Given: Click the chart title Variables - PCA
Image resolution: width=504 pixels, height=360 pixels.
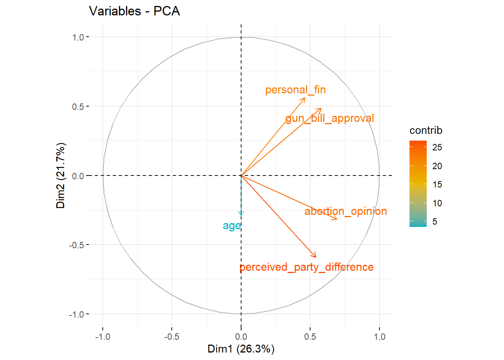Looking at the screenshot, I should click(x=134, y=11).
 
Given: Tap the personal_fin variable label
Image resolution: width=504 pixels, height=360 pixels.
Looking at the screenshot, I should click(x=295, y=90).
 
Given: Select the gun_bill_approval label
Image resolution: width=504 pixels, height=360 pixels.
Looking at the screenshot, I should click(x=330, y=118).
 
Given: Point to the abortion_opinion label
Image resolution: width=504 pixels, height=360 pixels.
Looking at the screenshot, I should click(x=345, y=211).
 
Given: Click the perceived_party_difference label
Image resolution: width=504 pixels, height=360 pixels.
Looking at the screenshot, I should click(x=306, y=267).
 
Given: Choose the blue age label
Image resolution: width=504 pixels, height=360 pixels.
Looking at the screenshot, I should click(x=231, y=226).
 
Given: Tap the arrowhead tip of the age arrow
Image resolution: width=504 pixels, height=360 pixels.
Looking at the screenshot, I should click(x=241, y=216).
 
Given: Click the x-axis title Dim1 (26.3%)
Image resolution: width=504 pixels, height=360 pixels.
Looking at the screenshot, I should click(x=241, y=349).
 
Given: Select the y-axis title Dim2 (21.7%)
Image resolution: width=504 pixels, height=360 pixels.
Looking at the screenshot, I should click(x=61, y=175).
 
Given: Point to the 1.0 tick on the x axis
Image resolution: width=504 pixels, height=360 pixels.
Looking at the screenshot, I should click(x=379, y=337).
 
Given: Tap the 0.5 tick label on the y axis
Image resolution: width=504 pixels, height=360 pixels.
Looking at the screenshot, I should click(x=78, y=106).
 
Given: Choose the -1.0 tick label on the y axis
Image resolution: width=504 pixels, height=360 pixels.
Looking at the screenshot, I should click(x=76, y=314).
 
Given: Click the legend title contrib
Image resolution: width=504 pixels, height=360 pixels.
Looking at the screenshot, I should click(x=426, y=130).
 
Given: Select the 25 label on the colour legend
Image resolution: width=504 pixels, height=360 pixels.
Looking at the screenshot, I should click(x=437, y=147).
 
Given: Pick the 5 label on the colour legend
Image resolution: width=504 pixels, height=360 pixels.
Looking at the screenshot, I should click(x=435, y=222).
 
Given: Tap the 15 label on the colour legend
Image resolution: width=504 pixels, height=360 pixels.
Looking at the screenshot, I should click(x=437, y=184).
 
